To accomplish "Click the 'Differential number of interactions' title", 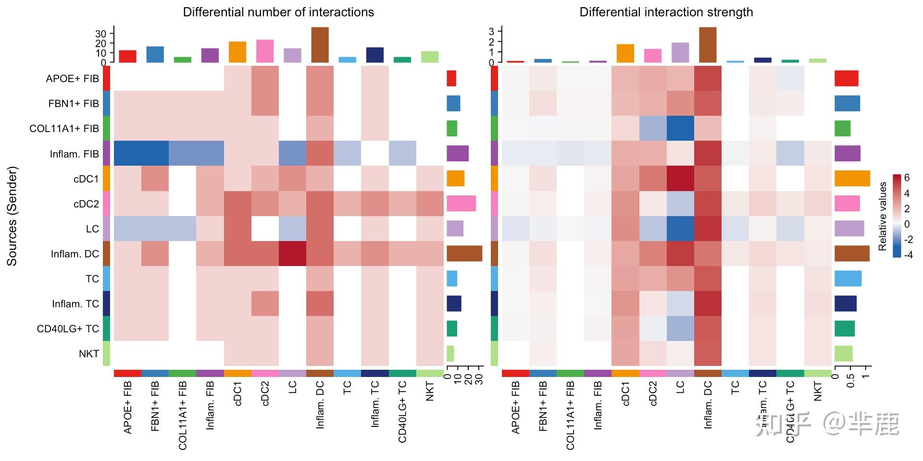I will [278, 12].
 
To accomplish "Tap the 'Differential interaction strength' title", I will [666, 12].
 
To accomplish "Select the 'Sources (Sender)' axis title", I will [12, 216].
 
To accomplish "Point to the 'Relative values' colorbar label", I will [883, 216].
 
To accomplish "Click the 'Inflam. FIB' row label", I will [74, 154].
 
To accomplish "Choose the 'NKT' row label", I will [89, 354].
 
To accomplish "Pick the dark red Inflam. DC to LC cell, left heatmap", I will [292, 254].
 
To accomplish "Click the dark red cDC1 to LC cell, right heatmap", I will [680, 179].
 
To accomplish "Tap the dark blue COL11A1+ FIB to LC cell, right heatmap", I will [680, 128].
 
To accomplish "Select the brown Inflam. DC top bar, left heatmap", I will [320, 45].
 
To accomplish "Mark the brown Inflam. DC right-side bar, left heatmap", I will [464, 254].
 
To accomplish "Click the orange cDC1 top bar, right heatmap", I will [625, 53].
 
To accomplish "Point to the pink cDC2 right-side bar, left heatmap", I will [461, 204].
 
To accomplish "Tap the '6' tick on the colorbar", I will [907, 178].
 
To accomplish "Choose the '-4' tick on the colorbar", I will [908, 255].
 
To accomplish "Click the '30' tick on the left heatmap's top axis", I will [100, 34].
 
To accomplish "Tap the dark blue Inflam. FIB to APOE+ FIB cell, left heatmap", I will [127, 154].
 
